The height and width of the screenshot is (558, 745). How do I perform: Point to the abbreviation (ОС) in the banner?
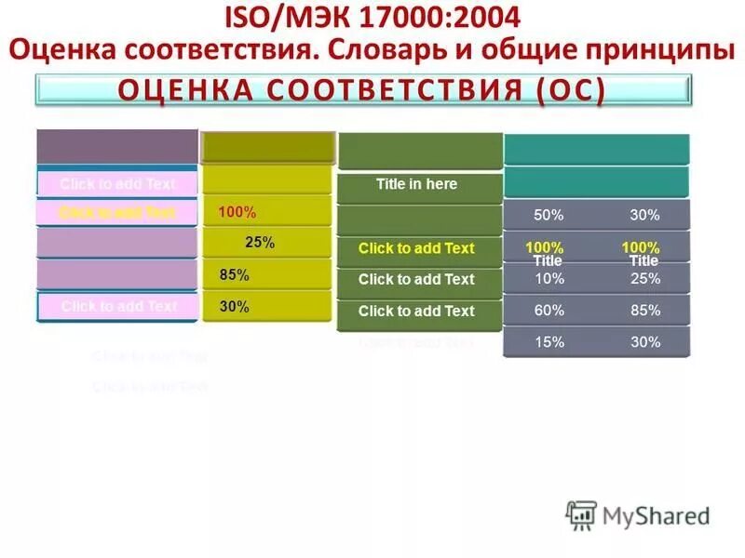coord(572,91)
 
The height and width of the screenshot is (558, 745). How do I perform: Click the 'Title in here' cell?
coord(416,184)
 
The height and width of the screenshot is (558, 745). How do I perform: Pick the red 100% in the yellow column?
coord(237,212)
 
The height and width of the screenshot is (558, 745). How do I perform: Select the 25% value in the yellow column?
coord(260,243)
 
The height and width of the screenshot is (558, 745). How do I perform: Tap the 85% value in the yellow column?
coord(235,275)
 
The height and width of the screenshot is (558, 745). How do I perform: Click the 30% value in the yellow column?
coord(235,306)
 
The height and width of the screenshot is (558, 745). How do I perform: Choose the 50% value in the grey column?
coord(549,215)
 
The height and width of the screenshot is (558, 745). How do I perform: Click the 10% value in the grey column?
coord(549,279)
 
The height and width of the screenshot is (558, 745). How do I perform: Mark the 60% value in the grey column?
coord(549,311)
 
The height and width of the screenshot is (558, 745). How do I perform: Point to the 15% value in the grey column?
coord(549,341)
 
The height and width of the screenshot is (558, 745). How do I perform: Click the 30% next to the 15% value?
coord(644,341)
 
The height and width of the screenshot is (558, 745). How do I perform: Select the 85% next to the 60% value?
coord(644,311)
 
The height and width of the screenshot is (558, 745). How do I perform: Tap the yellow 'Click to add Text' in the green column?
coord(416,248)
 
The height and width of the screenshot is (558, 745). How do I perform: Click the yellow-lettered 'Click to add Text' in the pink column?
coord(117,212)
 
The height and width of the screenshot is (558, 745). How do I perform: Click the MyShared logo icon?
coord(582,514)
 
